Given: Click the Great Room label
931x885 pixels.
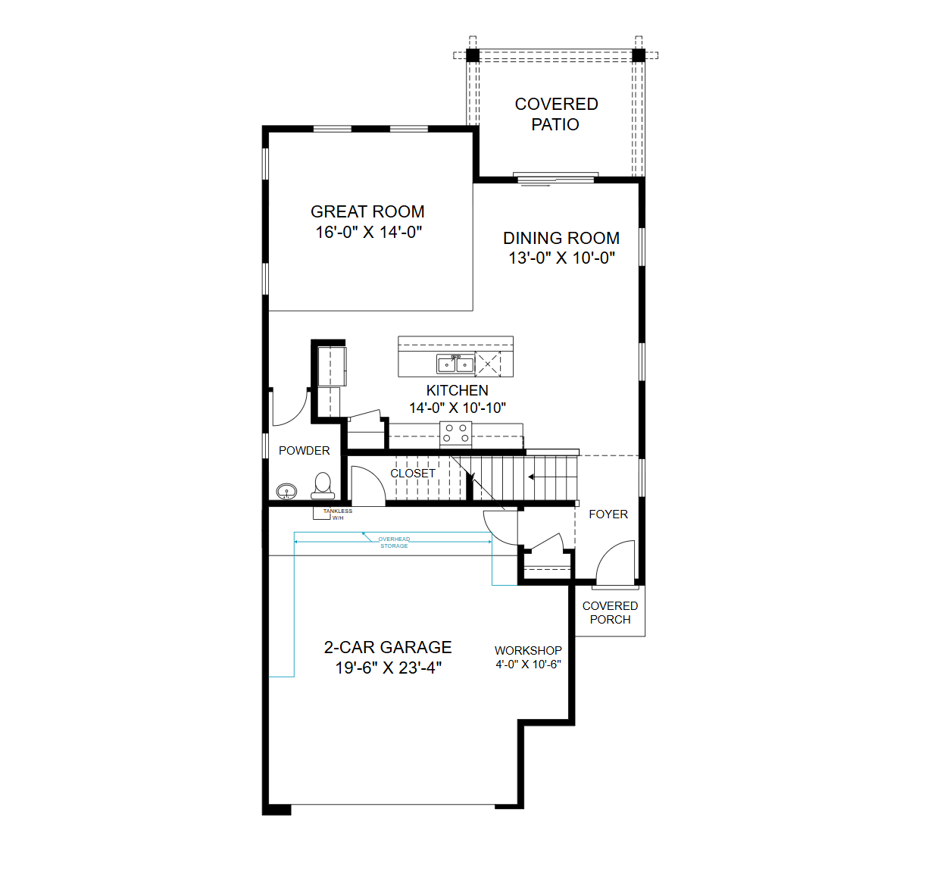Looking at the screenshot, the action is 367,211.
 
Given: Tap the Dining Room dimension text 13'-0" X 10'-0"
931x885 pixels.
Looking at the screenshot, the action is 561,258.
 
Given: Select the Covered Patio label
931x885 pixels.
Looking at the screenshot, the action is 556,114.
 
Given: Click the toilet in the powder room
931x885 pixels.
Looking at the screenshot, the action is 323,486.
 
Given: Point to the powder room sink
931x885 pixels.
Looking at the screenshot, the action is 286,491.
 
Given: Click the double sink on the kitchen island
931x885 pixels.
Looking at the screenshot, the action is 455,364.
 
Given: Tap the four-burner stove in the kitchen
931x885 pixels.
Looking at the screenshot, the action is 455,433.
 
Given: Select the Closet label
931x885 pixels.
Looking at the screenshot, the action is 412,474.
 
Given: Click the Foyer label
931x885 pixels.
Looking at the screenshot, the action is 608,514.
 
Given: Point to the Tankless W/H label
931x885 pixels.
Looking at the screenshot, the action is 338,514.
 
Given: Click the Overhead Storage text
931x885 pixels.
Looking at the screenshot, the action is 394,543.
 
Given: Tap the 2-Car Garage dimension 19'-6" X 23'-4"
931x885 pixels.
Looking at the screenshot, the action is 389,668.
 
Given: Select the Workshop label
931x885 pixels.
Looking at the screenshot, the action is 528,650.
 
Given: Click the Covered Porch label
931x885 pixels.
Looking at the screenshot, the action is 610,612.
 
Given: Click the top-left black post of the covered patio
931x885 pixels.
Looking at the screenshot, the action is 473,55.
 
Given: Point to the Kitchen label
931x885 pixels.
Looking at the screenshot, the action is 457,390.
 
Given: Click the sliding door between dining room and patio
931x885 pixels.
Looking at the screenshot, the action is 555,179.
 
